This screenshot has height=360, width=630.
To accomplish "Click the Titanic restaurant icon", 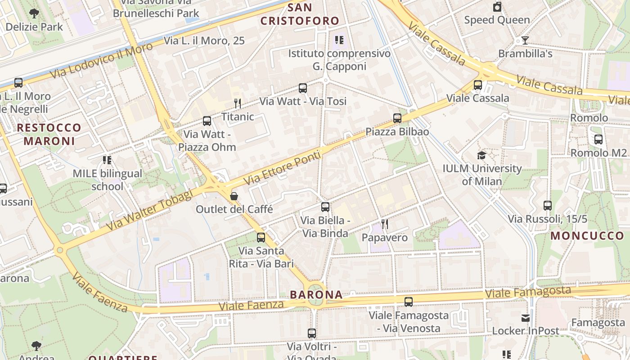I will pyautogui.click(x=238, y=103).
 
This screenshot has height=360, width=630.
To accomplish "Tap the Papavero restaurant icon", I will pyautogui.click(x=384, y=224).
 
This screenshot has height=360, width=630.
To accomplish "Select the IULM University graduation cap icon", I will pyautogui.click(x=482, y=155).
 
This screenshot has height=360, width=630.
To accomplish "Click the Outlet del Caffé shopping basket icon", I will pyautogui.click(x=234, y=196).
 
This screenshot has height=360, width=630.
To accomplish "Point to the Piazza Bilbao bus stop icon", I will pyautogui.click(x=397, y=118).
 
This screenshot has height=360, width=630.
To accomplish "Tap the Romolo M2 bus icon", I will pyautogui.click(x=598, y=139).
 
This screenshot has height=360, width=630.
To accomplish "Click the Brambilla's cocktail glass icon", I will pyautogui.click(x=525, y=40).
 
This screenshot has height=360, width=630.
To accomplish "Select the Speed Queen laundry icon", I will pyautogui.click(x=497, y=7).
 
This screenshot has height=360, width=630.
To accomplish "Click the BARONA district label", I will pyautogui.click(x=316, y=295).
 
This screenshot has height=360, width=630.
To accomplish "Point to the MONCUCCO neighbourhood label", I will pyautogui.click(x=587, y=236).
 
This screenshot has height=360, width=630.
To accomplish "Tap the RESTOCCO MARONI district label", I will pyautogui.click(x=49, y=134).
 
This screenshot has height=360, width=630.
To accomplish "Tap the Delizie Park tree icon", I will pyautogui.click(x=34, y=13).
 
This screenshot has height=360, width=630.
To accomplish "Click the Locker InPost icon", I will pyautogui.click(x=525, y=318).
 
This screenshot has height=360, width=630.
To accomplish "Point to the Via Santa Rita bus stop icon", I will pyautogui.click(x=261, y=238).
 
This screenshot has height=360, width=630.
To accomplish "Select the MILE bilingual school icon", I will pyautogui.click(x=107, y=160).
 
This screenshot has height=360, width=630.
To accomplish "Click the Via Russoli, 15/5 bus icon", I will pyautogui.click(x=547, y=206).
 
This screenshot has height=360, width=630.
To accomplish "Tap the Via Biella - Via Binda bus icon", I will pyautogui.click(x=325, y=207).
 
